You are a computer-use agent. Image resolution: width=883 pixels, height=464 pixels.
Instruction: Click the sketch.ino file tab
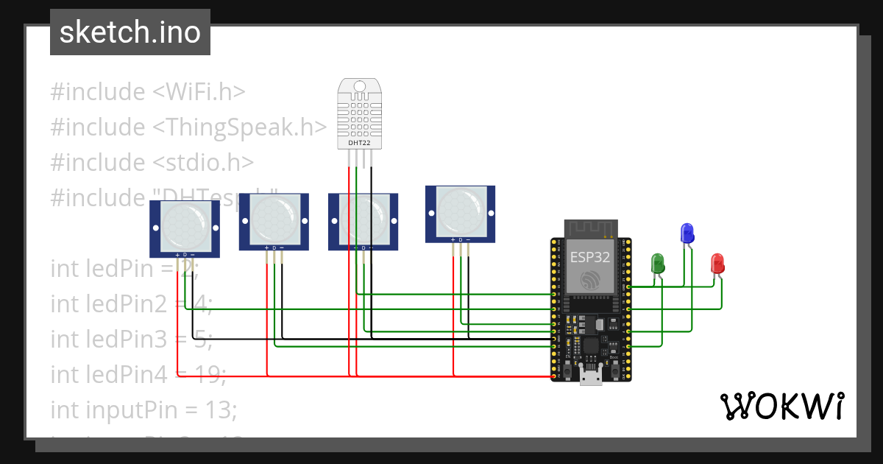(130, 32)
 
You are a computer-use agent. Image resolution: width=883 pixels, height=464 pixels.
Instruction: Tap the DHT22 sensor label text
(359, 143)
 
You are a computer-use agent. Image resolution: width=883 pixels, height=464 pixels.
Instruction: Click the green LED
(658, 263)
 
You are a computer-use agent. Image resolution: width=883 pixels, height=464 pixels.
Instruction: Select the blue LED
(687, 233)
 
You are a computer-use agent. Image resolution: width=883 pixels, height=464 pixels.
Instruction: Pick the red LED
(717, 263)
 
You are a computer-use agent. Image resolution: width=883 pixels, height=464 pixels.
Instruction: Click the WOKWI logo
(781, 406)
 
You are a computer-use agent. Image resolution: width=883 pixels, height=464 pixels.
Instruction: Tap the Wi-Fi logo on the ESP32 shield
(589, 281)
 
